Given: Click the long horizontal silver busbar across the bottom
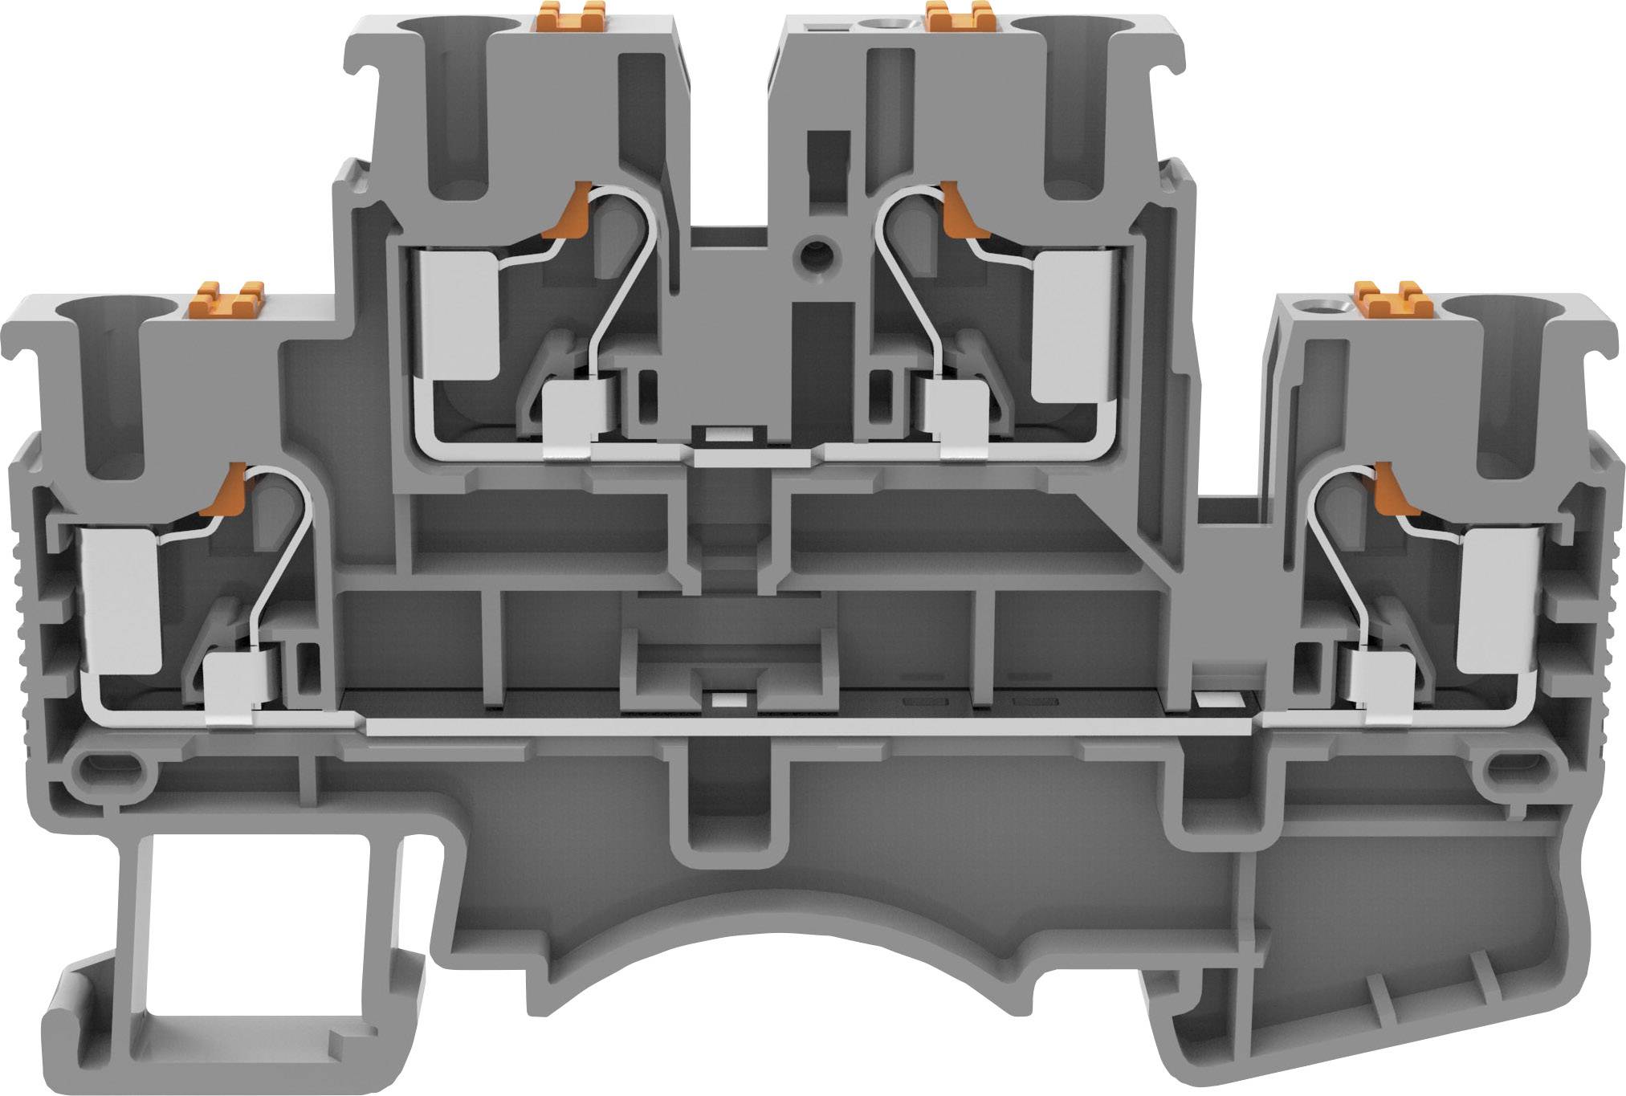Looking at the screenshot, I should [803, 727].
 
